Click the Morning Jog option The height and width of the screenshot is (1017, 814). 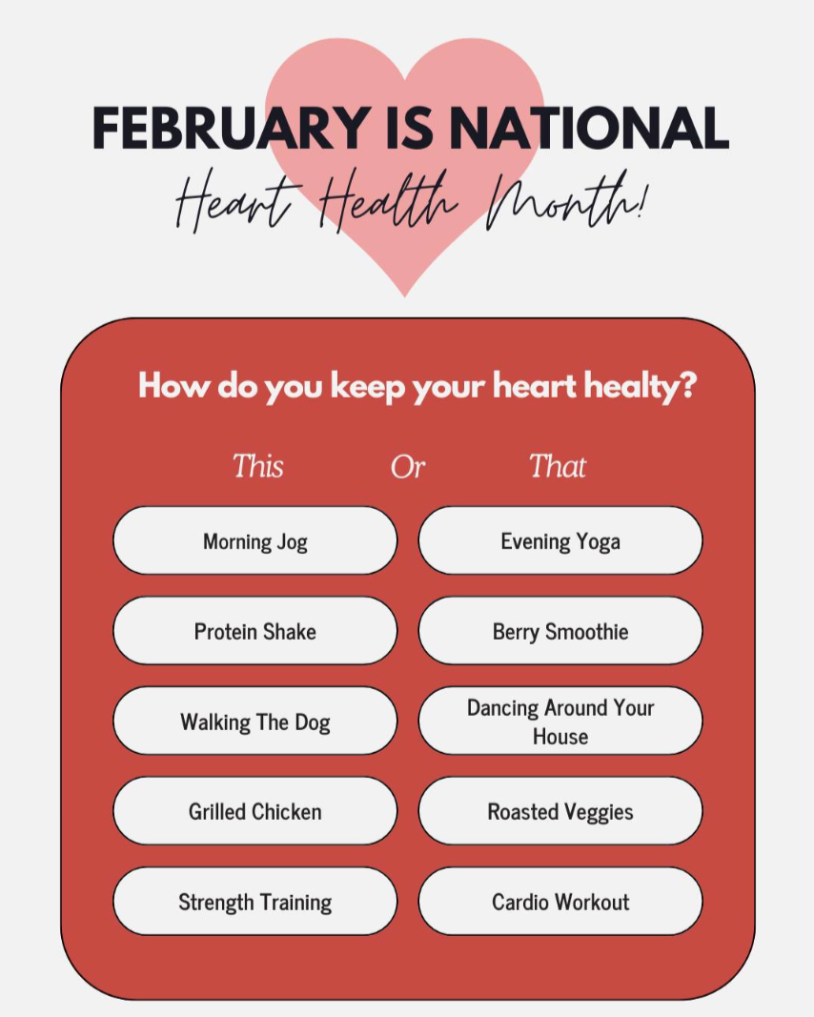pos(254,540)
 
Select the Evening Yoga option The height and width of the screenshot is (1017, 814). pos(560,540)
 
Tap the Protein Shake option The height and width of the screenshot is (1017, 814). pos(254,630)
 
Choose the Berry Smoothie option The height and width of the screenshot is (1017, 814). pos(560,630)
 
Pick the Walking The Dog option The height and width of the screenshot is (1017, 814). pos(254,721)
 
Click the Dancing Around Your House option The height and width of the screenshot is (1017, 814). pos(560,721)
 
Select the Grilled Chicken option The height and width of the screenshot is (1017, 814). pos(254,811)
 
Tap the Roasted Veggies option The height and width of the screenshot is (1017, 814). pos(560,811)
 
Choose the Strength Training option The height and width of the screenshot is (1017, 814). pos(254,901)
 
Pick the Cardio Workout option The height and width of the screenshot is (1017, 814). pos(560,901)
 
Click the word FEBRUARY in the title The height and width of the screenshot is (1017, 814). pos(233,128)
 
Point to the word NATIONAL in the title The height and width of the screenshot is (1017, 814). pos(589,128)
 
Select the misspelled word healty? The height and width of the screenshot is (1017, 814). pos(640,387)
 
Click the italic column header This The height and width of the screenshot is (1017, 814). pos(258,466)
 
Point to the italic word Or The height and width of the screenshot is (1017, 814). pos(408,467)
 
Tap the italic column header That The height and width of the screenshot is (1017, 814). pos(558,466)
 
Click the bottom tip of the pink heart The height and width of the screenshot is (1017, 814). pos(405,296)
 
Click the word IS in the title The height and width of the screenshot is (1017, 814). pos(410,128)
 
